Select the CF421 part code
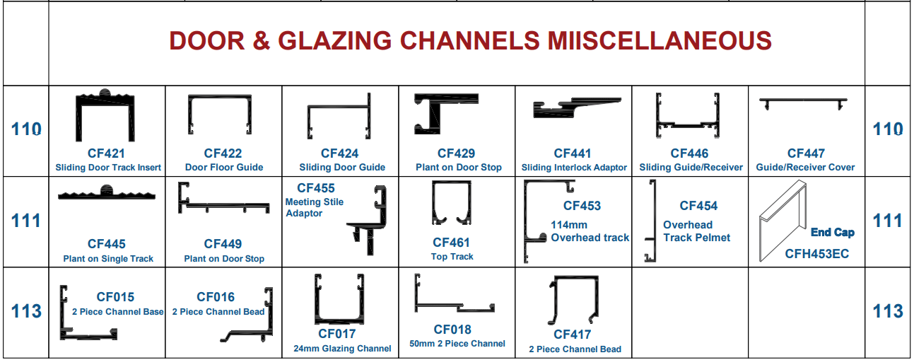point(107,153)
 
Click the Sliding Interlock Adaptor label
point(574,168)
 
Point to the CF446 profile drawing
point(689,115)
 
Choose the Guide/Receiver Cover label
point(805,168)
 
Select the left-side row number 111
point(26,221)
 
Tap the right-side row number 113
point(888,311)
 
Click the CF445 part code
point(107,244)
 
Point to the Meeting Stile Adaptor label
point(315,207)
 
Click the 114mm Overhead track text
point(590,231)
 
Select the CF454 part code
point(698,206)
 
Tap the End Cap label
point(832,232)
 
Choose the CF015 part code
point(115,297)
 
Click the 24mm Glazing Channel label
point(342,348)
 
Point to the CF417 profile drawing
point(573,301)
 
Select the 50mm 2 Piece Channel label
point(457,344)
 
